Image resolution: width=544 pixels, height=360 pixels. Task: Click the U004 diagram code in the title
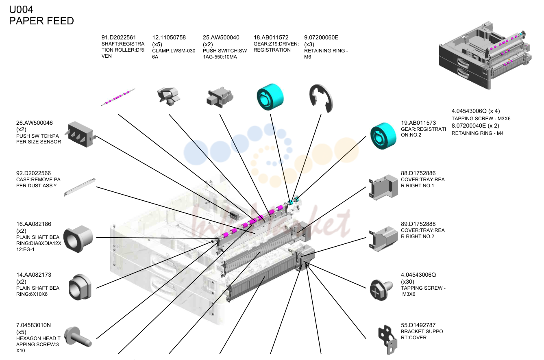tap(21, 10)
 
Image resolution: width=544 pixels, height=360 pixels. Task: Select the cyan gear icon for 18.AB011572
tap(270, 97)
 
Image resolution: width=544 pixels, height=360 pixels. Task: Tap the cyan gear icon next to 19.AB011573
tap(383, 136)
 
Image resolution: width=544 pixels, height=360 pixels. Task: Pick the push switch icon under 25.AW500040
tap(220, 98)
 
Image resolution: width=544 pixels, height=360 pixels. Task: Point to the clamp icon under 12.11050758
tap(169, 96)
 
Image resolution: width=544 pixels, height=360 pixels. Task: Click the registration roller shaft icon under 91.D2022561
tap(118, 97)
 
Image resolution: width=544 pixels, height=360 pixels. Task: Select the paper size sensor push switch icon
tap(81, 134)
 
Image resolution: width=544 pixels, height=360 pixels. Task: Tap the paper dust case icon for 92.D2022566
tap(80, 187)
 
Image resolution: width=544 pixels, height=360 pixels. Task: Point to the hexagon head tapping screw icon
tap(78, 336)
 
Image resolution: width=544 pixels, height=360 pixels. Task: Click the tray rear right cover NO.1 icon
tap(383, 187)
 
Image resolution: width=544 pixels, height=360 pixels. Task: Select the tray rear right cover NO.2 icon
tap(383, 239)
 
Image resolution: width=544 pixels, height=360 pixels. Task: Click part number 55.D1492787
tap(418, 325)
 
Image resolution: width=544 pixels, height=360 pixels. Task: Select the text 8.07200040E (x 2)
tap(475, 126)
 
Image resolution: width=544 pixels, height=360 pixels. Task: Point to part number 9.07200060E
tap(321, 38)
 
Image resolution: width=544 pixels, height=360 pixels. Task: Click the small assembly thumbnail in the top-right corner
tap(485, 55)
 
